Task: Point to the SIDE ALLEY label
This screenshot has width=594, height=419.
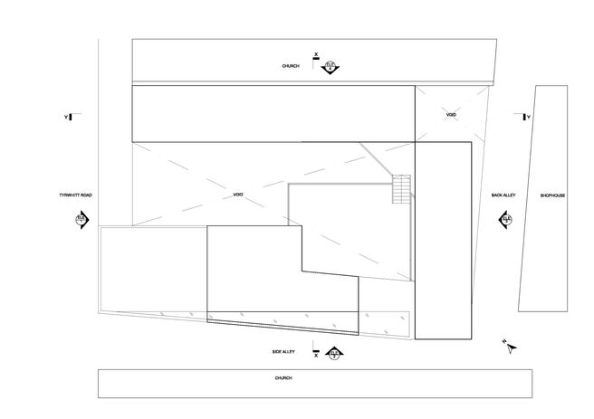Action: [284, 351]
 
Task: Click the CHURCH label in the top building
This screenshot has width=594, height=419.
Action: [290, 66]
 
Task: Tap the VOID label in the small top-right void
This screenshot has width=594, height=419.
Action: [450, 115]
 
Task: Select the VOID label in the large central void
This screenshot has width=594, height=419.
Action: [239, 195]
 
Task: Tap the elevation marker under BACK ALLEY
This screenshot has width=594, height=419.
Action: [505, 220]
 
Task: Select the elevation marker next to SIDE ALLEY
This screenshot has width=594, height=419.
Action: [334, 353]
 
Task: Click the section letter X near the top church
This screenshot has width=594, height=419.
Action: [315, 55]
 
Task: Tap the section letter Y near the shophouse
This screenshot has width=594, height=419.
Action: [528, 117]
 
